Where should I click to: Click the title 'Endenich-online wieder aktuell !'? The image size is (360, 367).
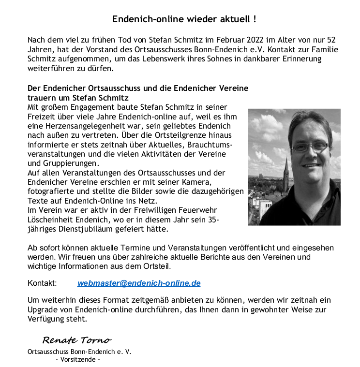184,20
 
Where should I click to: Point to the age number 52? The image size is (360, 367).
330,40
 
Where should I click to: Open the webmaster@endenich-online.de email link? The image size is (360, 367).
139,283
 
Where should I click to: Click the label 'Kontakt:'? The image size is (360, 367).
42,283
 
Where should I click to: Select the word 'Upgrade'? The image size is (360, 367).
43,309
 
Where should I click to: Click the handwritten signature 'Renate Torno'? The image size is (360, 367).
76,340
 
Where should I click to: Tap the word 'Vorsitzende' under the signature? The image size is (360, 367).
78,360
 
